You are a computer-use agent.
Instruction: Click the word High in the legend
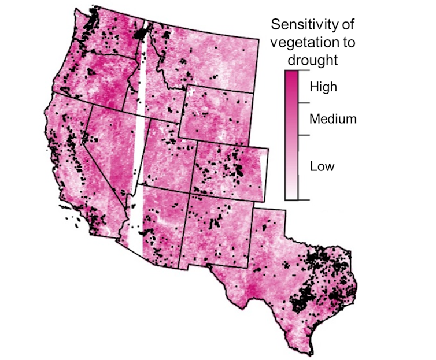323,87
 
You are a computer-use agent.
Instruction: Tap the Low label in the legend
322,166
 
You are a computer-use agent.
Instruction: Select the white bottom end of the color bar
291,195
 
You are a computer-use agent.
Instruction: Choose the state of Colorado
231,168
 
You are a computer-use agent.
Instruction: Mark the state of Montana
208,58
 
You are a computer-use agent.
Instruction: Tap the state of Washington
110,35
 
